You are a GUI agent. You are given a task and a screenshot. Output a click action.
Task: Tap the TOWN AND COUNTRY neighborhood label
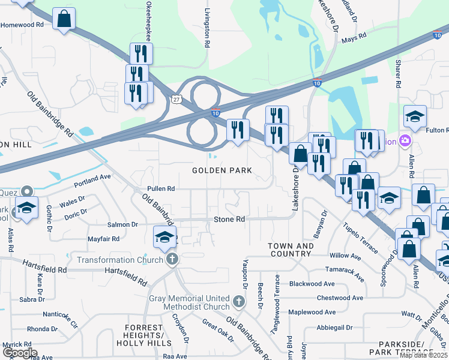pos(291,250)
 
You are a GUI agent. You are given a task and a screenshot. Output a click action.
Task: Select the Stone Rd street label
pos(230,220)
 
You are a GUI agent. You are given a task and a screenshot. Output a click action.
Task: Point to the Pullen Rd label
pos(160,188)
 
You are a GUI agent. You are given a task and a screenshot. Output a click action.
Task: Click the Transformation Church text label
pos(119,260)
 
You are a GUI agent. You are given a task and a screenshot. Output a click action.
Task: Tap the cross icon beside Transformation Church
pos(172,260)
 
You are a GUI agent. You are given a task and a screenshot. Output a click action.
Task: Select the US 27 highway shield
pos(175,98)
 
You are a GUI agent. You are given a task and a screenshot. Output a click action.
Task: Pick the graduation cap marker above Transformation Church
pos(164,237)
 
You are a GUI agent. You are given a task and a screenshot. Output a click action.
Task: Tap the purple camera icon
pos(406,141)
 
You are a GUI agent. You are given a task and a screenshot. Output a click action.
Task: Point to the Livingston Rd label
pos(206,28)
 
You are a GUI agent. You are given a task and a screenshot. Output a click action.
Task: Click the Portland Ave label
pos(92,178)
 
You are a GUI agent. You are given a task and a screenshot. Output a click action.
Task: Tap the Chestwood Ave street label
pos(340,298)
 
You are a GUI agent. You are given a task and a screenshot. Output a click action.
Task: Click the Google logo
pos(19,353)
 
